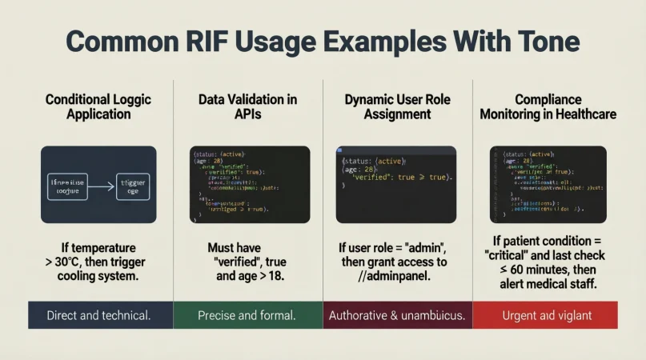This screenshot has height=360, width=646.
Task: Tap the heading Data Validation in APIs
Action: (x=248, y=107)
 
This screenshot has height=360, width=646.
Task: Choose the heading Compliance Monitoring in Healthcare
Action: (x=548, y=107)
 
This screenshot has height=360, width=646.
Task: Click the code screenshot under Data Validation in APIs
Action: (x=250, y=184)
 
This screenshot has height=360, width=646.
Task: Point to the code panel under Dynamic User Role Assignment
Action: (x=396, y=184)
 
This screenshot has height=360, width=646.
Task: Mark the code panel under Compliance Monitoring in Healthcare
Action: (x=548, y=184)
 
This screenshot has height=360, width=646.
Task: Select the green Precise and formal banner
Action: (x=247, y=315)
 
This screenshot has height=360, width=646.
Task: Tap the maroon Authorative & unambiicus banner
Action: (x=397, y=315)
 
